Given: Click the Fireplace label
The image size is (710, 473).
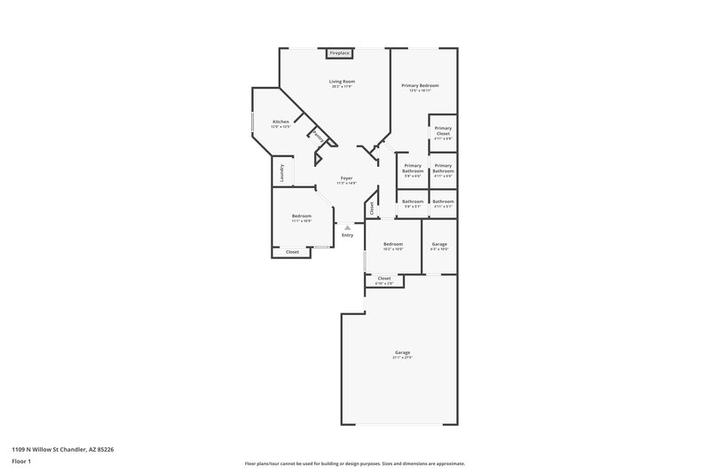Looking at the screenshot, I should (x=339, y=54).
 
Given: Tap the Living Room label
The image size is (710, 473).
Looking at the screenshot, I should (x=343, y=81).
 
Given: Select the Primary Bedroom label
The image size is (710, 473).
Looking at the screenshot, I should (x=420, y=85).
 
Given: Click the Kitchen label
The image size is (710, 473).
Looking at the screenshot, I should (x=280, y=122).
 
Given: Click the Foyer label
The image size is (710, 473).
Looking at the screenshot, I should (x=347, y=178).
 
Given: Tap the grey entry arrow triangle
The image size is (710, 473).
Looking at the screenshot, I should (x=347, y=226).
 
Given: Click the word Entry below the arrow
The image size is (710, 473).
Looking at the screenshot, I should (x=347, y=235).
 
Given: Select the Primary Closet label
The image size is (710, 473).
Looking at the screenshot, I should (x=443, y=131).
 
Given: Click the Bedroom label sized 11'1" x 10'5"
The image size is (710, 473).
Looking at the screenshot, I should (x=302, y=216).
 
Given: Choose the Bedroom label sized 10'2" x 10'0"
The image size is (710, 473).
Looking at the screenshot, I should (x=393, y=244).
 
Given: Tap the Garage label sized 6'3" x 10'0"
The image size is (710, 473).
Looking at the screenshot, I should (x=439, y=244).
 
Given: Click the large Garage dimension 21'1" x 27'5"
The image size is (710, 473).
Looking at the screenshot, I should (x=403, y=357).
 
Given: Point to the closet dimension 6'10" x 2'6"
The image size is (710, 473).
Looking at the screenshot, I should (x=384, y=283).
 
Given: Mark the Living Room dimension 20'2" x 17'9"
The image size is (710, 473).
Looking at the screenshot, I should (x=343, y=86).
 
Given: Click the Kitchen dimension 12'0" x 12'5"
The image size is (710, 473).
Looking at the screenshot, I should (x=280, y=127).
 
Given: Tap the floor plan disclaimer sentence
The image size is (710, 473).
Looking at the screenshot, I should (x=355, y=463).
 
